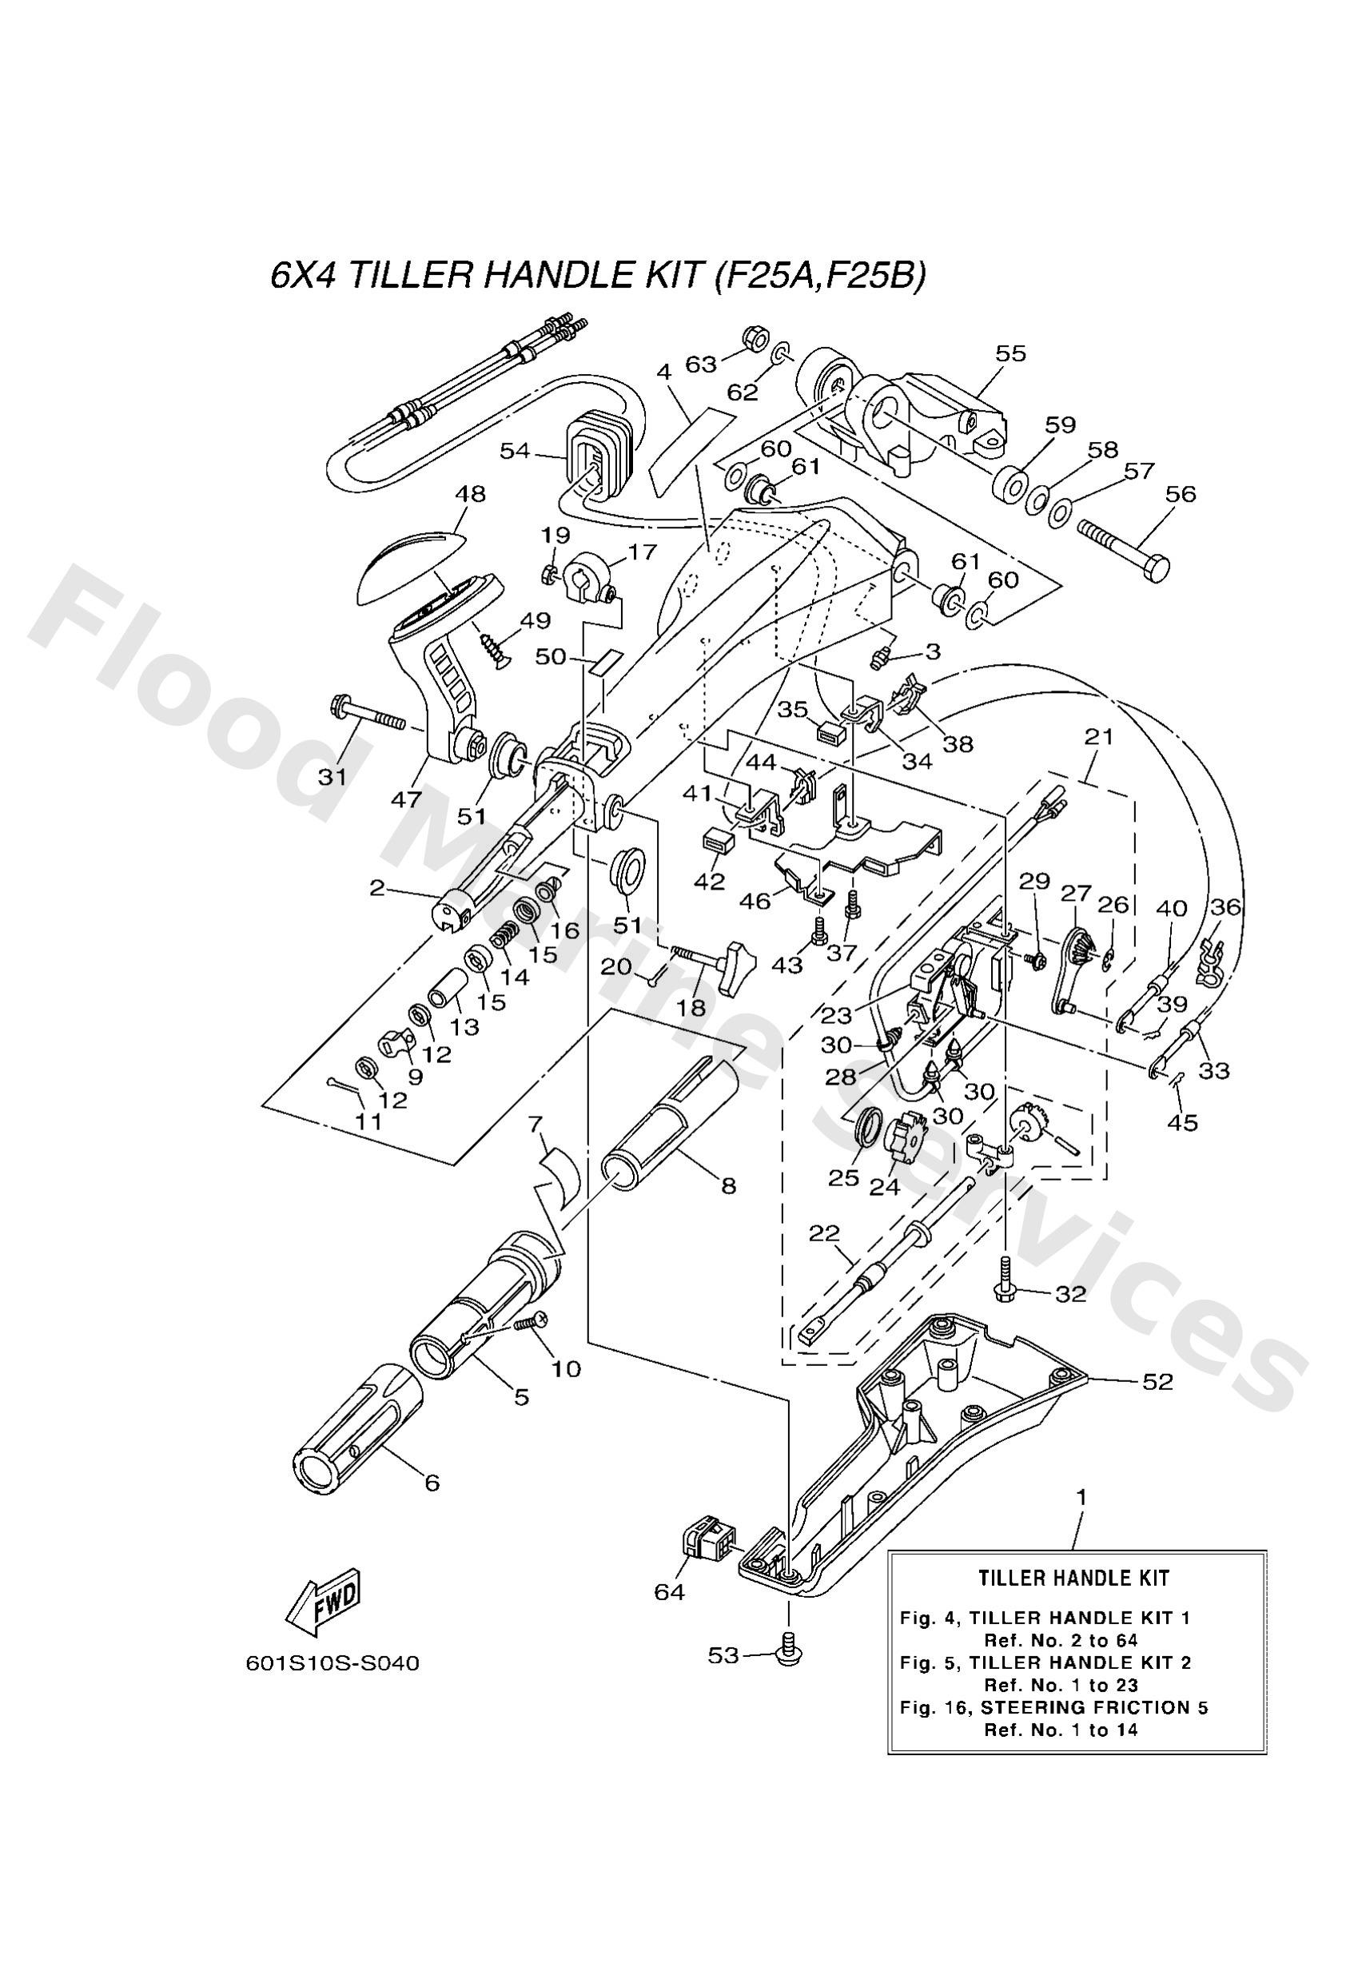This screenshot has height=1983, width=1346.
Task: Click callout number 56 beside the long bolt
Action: (1181, 494)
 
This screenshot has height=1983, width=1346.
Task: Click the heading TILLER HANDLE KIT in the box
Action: (1073, 1578)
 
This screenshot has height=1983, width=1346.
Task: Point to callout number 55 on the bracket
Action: (1011, 353)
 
